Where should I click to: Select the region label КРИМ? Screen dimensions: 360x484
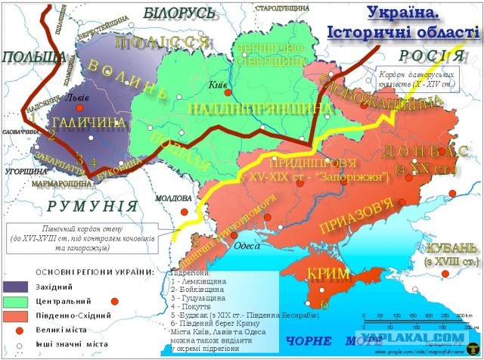(x=323, y=275)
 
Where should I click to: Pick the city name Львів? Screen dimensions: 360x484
(x=79, y=98)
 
